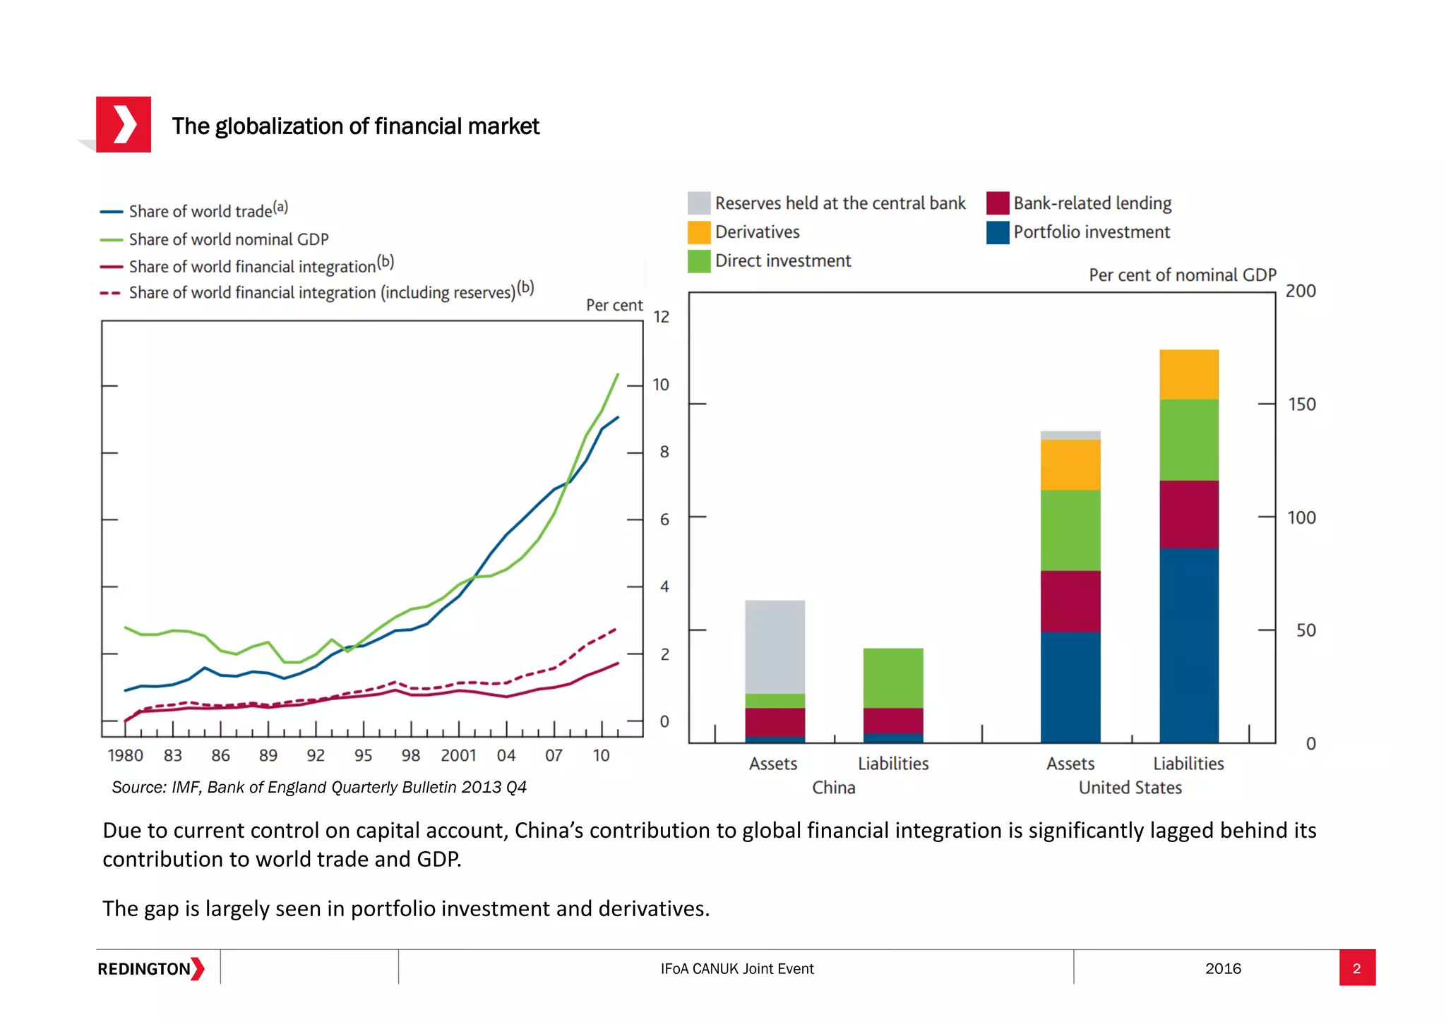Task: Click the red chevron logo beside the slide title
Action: [124, 125]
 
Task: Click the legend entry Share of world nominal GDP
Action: [228, 239]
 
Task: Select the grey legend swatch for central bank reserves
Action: [698, 203]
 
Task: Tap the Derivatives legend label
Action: [757, 232]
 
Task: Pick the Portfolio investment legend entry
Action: [1091, 232]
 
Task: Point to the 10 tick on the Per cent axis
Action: [660, 385]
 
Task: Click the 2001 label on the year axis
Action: [458, 755]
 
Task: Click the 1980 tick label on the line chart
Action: [125, 755]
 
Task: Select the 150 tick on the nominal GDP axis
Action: [1301, 404]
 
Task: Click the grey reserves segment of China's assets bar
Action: [775, 646]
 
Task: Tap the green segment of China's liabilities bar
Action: [892, 678]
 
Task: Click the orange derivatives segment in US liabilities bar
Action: [1188, 374]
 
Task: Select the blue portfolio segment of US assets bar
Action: [1070, 686]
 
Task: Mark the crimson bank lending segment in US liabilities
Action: [1188, 514]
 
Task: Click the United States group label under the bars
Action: [1130, 788]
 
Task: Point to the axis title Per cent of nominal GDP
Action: [1182, 275]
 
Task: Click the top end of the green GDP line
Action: [618, 375]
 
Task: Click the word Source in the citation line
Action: [137, 787]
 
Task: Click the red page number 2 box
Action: [1356, 968]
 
